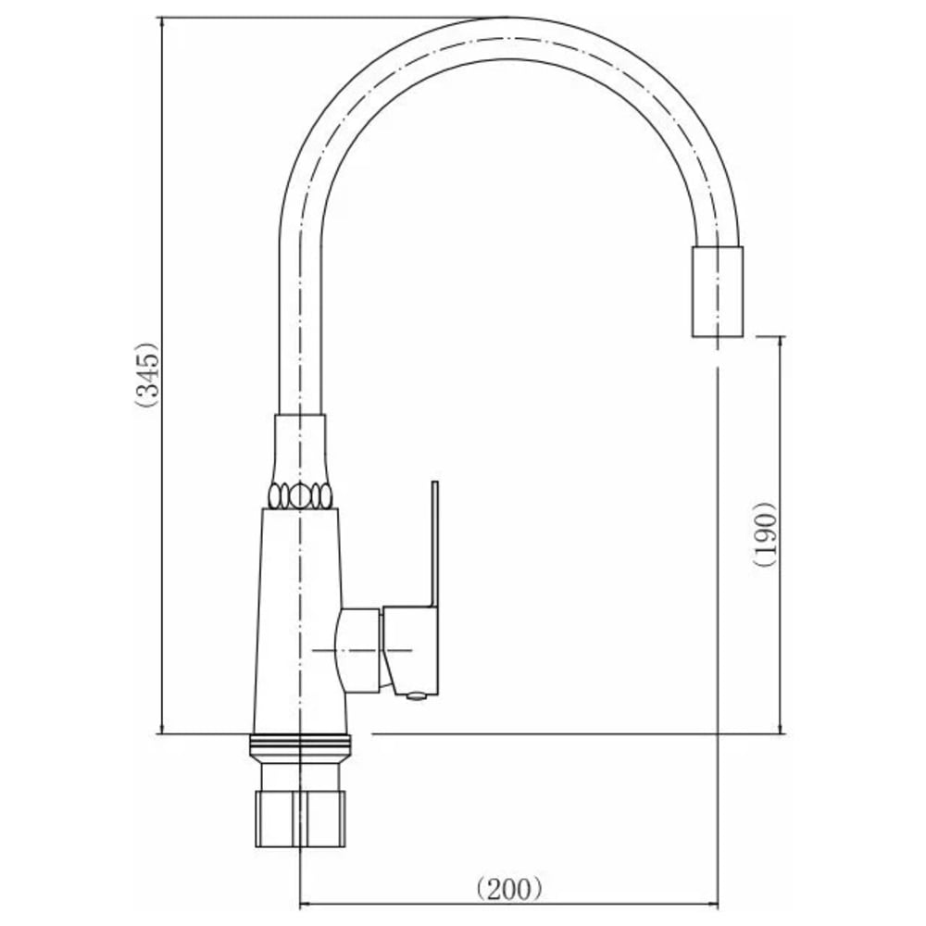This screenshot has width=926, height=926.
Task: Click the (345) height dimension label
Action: click(146, 374)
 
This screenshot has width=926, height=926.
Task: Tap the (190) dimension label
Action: click(765, 534)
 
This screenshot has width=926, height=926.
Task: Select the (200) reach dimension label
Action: click(509, 889)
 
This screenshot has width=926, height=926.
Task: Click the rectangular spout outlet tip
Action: click(717, 292)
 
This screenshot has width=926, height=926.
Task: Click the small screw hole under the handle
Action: click(416, 696)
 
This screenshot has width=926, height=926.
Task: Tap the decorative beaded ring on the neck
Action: click(300, 494)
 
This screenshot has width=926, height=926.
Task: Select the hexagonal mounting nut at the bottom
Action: click(300, 820)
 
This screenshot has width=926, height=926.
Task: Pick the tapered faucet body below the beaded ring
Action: click(300, 620)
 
